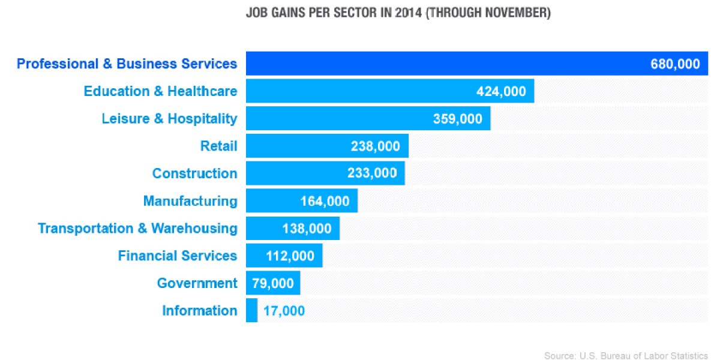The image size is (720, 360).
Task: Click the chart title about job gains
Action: (398, 13)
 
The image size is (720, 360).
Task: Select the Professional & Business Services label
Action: (127, 64)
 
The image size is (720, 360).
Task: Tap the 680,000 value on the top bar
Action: (675, 64)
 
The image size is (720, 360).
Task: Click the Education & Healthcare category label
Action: (160, 91)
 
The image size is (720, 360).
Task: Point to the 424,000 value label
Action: (501, 92)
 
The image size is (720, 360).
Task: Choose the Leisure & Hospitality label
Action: (169, 119)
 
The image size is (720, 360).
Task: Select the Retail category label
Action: (218, 146)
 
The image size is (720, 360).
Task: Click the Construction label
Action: (194, 173)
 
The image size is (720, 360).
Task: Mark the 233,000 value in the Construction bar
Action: (372, 173)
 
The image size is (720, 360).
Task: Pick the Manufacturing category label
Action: (190, 201)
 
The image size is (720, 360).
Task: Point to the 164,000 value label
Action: (325, 202)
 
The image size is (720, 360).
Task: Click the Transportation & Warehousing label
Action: (137, 229)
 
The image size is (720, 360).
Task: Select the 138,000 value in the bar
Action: (307, 229)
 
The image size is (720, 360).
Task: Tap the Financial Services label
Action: (178, 256)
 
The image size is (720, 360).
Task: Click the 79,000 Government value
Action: (272, 283)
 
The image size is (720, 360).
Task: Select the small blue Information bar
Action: (251, 311)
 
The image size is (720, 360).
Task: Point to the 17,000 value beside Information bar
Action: (284, 311)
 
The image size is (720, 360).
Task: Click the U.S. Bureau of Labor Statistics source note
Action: (626, 356)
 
